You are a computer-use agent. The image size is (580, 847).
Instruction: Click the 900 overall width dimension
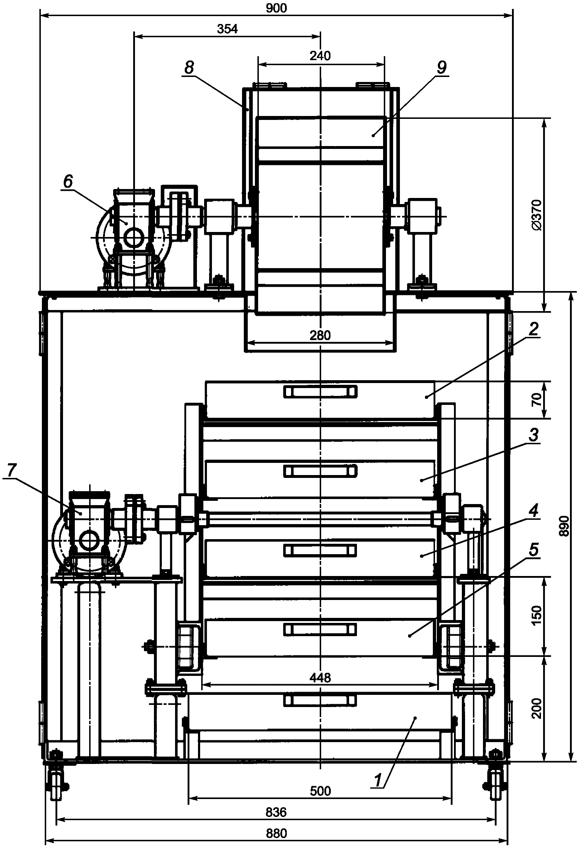tap(276, 8)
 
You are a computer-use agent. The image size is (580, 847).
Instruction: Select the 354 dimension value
tap(227, 29)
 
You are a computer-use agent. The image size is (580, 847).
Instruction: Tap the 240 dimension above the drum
tap(320, 56)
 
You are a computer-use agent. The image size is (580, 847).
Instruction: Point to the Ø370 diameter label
tap(536, 215)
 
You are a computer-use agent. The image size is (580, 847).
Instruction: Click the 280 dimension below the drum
tap(320, 335)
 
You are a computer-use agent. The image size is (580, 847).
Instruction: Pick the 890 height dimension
tap(564, 526)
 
